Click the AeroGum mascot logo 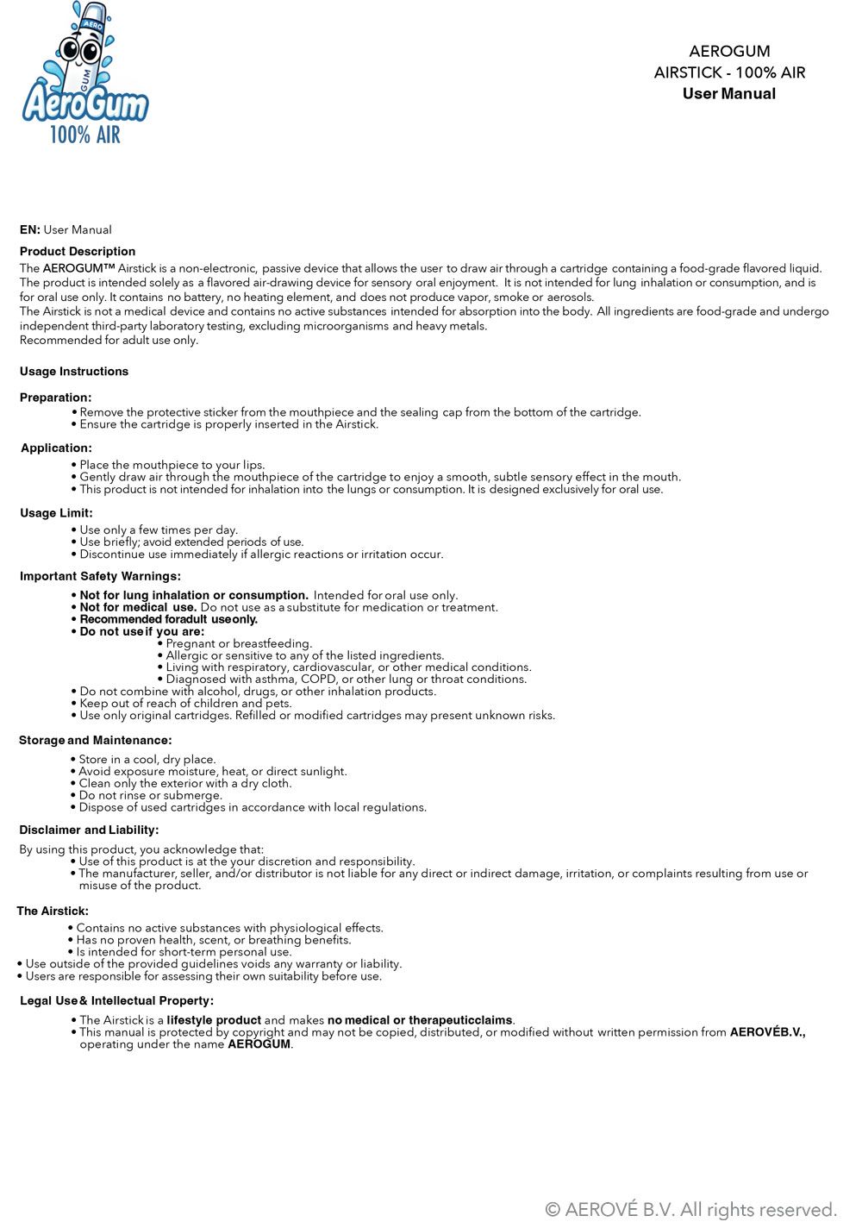84,73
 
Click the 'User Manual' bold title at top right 728,94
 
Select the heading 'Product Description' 78,252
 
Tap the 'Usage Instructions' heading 74,372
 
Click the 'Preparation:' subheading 56,398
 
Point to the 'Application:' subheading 56,448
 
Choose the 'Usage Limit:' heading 56,513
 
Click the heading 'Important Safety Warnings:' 100,576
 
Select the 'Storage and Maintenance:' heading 95,740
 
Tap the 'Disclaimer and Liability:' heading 89,830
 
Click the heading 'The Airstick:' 53,911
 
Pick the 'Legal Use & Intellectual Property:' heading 116,1000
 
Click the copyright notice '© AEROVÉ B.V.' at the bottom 691,1209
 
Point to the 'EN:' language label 30,230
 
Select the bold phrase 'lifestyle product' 214,1020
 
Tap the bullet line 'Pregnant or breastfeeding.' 238,643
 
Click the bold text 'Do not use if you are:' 142,631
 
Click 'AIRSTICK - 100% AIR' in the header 729,72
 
